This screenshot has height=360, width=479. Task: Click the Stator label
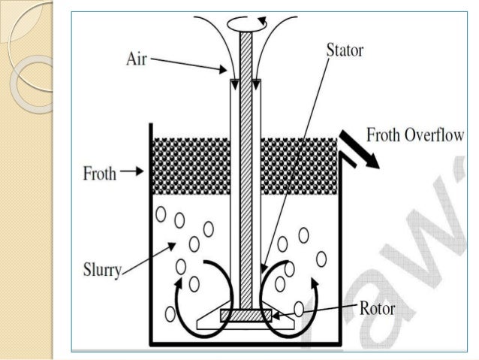pos(345,52)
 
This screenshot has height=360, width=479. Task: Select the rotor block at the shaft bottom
pos(246,315)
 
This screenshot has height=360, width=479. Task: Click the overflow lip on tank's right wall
pos(347,159)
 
